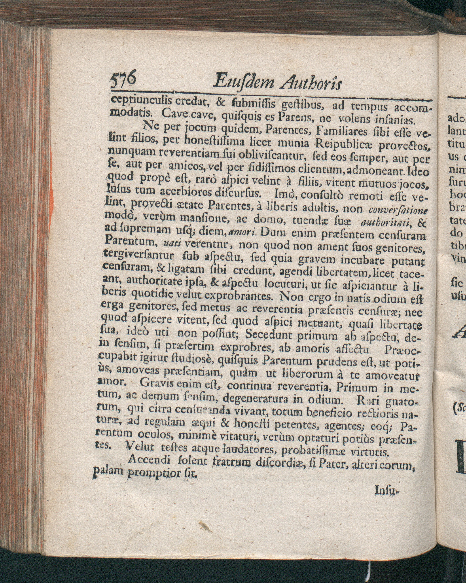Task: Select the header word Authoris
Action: coord(311,82)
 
